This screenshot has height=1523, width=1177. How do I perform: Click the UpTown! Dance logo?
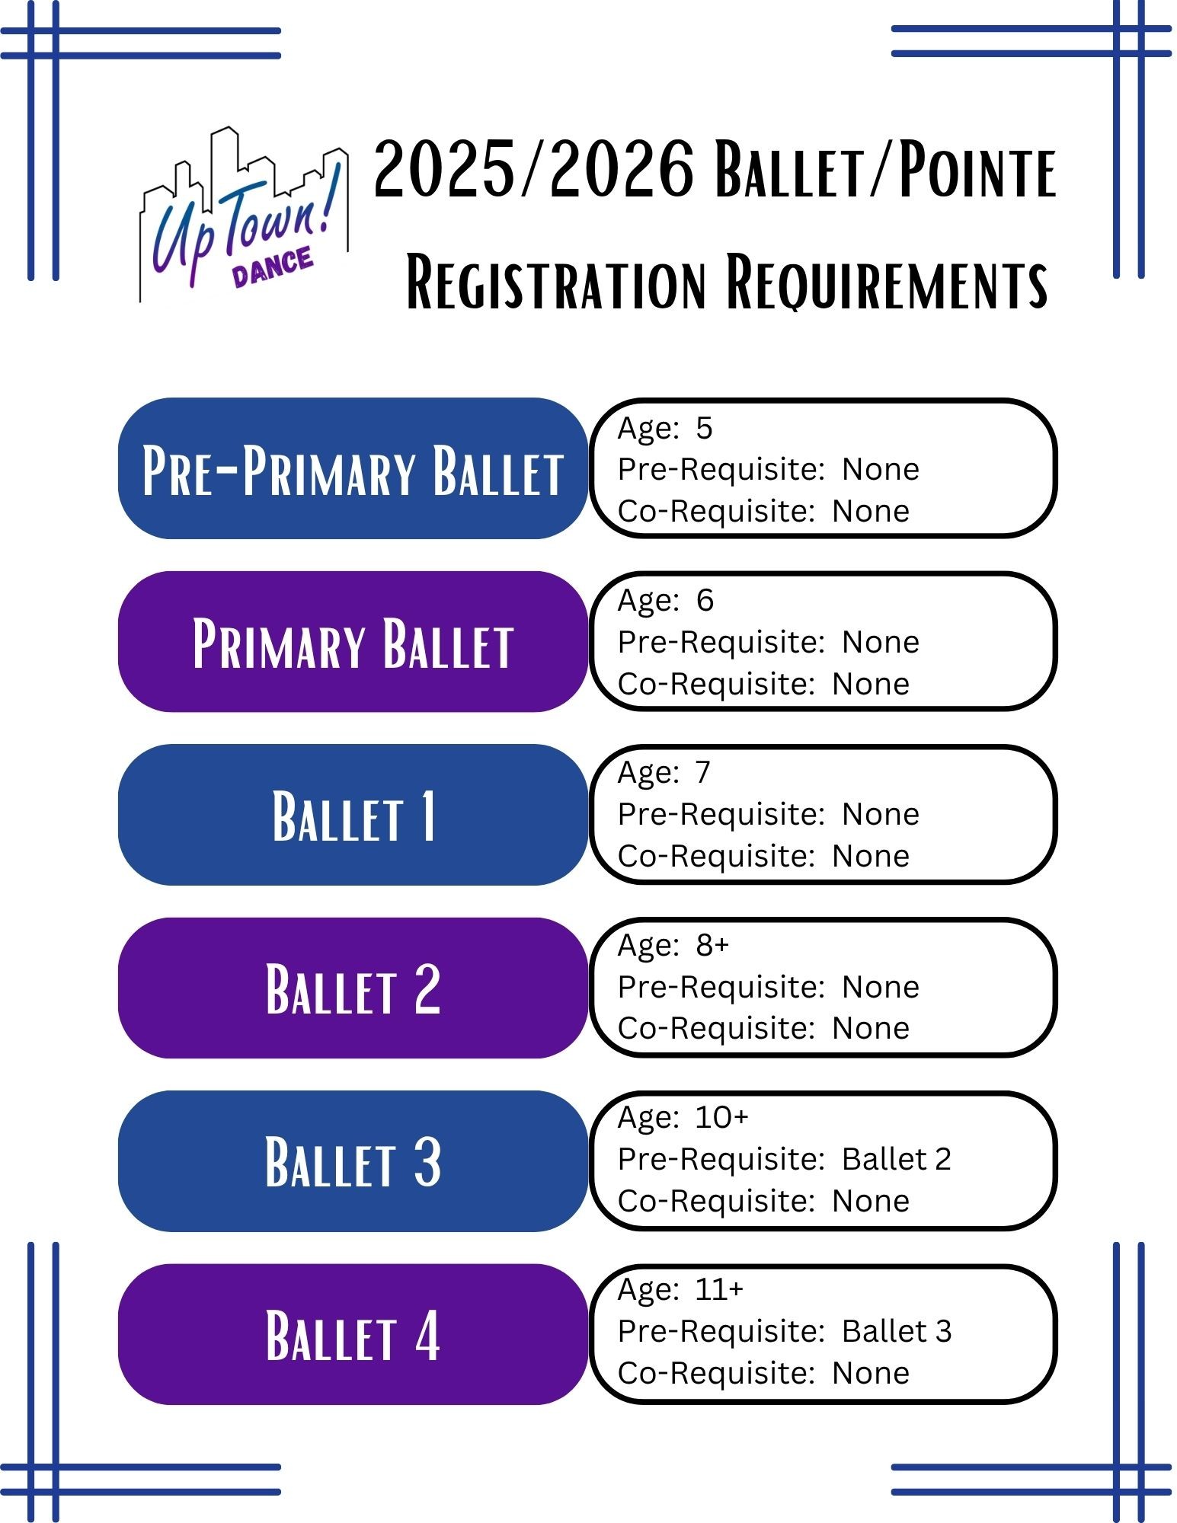pyautogui.click(x=244, y=214)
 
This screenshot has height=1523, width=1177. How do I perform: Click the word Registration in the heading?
pyautogui.click(x=557, y=283)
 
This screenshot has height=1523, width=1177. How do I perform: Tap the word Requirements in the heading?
pyautogui.click(x=887, y=283)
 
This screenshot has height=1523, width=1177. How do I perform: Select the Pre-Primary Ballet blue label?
pyautogui.click(x=353, y=468)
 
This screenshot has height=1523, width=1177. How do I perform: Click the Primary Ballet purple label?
pyautogui.click(x=353, y=641)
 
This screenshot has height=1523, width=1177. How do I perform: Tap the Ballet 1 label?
pyautogui.click(x=353, y=814)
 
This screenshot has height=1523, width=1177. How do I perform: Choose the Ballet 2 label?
pyautogui.click(x=353, y=988)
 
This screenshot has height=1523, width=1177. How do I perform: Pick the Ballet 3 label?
pyautogui.click(x=353, y=1161)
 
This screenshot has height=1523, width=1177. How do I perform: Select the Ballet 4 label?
pyautogui.click(x=353, y=1334)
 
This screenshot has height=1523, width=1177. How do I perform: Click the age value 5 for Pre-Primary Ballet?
pyautogui.click(x=704, y=428)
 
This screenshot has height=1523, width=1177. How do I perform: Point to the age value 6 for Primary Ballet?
pyautogui.click(x=705, y=601)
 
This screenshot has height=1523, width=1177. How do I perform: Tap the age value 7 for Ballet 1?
pyautogui.click(x=703, y=773)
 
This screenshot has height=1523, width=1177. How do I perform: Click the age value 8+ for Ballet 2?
pyautogui.click(x=712, y=946)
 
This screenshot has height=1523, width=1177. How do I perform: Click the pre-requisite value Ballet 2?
pyautogui.click(x=897, y=1159)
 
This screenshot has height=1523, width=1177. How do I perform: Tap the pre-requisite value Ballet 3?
pyautogui.click(x=897, y=1331)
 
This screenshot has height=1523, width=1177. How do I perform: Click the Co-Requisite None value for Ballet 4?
pyautogui.click(x=871, y=1373)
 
